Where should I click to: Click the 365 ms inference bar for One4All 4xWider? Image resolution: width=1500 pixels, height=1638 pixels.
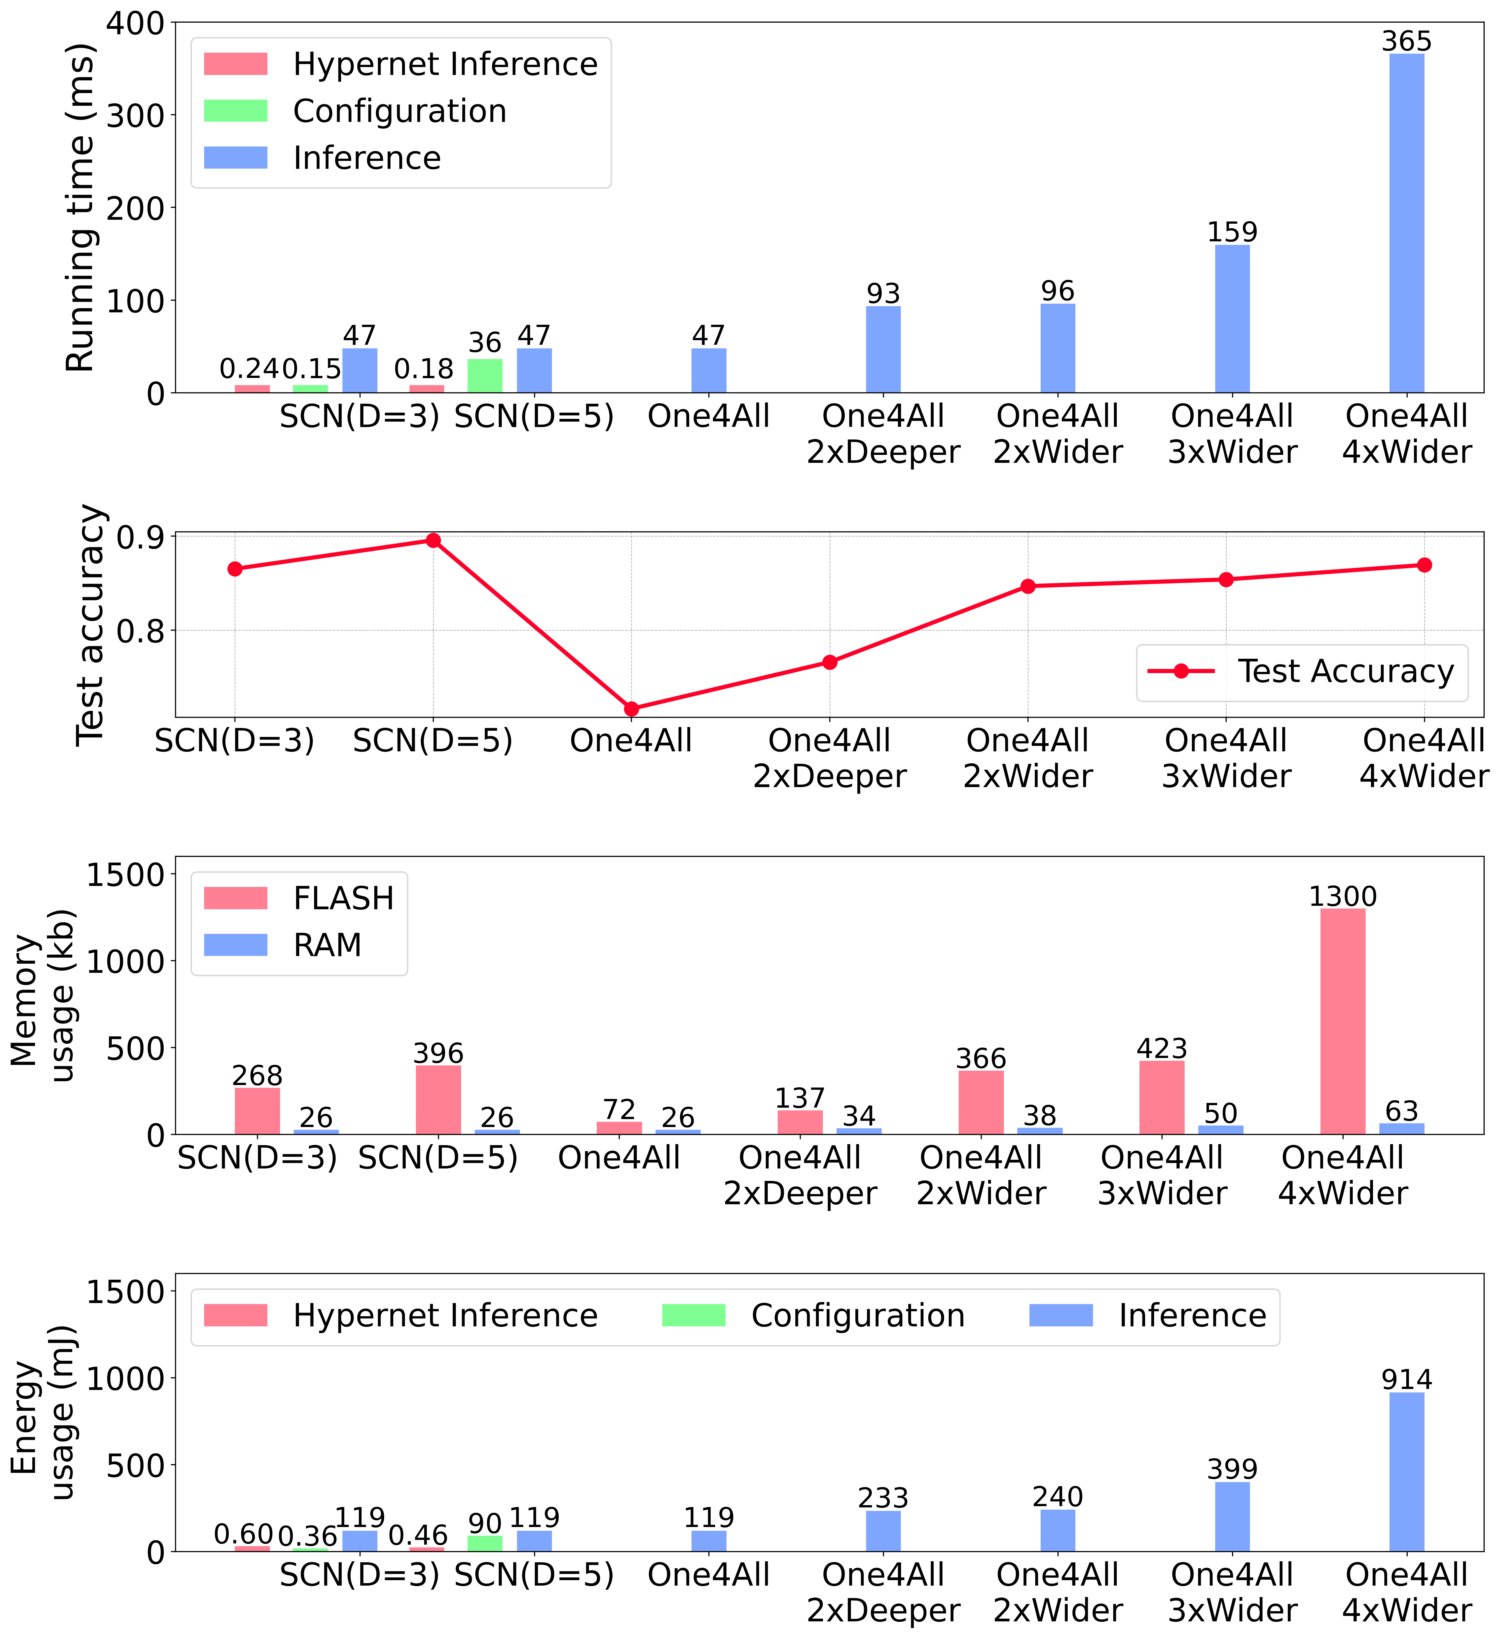coord(1407,223)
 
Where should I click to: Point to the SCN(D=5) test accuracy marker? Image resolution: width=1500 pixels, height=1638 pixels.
coord(433,540)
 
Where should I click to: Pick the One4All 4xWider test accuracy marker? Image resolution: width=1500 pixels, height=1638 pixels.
coord(1425,565)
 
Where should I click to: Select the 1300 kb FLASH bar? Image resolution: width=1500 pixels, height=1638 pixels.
coord(1342,1021)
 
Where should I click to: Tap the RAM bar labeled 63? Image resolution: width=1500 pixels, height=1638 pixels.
coord(1402,1128)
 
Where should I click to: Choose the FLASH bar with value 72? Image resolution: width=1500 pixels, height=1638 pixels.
coord(619,1128)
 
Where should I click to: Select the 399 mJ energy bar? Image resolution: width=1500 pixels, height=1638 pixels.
coord(1232,1516)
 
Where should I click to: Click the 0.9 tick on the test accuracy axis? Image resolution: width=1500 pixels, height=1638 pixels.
coord(140,537)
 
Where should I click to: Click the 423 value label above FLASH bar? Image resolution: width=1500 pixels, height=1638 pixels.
coord(1162,1048)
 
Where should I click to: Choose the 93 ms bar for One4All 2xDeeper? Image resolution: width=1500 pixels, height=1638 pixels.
coord(883,349)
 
